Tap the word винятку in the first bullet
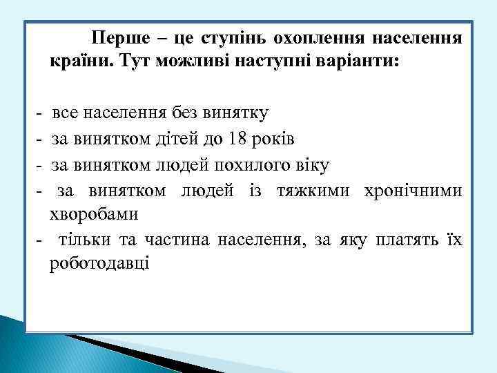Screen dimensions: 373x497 pos(237,113)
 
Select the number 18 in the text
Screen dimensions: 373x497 pos(237,140)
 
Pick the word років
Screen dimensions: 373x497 pos(274,140)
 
